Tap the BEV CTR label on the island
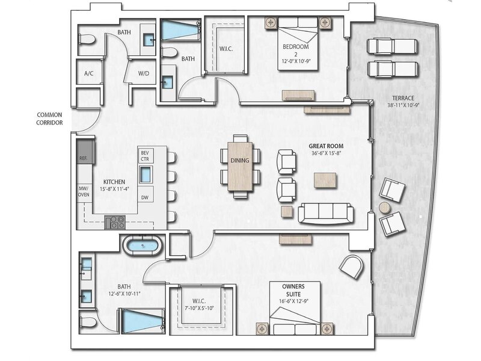point(145,156)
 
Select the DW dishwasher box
point(145,197)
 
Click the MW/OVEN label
point(84,191)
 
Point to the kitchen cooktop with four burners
point(115,222)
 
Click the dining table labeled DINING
point(240,166)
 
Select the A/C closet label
point(88,73)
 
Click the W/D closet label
point(144,73)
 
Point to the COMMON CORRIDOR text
point(49,119)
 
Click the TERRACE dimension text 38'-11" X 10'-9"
point(403,105)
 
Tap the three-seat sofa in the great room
point(326,213)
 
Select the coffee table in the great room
point(325,180)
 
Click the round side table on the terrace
point(385,208)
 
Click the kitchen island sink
point(146,174)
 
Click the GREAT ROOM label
point(326,146)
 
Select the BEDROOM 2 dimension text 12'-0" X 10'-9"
point(296,61)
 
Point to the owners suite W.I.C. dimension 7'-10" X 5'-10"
point(199,308)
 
